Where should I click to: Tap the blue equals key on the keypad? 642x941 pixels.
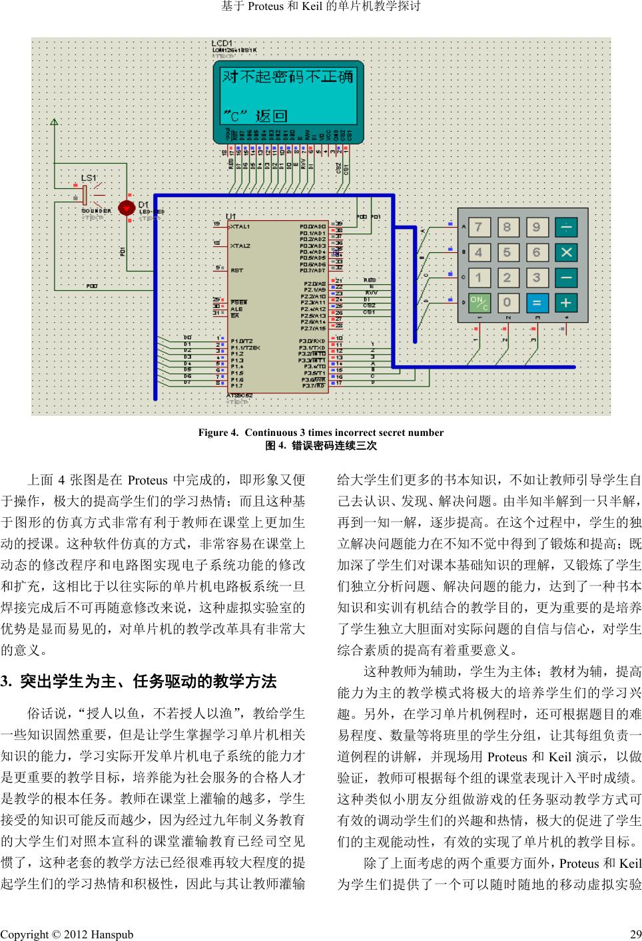coord(536,303)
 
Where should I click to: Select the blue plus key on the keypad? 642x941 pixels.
coord(565,303)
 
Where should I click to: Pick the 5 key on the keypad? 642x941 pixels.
coord(507,253)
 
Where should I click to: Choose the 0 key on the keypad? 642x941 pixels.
coord(507,303)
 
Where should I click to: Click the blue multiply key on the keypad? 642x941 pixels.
coord(565,253)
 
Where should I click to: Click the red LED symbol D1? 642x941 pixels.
coord(126,208)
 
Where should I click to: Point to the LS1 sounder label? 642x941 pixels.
coord(89,178)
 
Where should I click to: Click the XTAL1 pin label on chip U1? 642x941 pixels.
coord(240,228)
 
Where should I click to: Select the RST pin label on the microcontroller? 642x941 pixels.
coord(236,271)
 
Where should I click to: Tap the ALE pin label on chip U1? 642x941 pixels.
coord(236,309)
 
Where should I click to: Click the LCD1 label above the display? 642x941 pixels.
coord(222,43)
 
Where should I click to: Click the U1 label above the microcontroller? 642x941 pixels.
coord(231,217)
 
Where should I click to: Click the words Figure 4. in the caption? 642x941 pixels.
coord(217,433)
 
